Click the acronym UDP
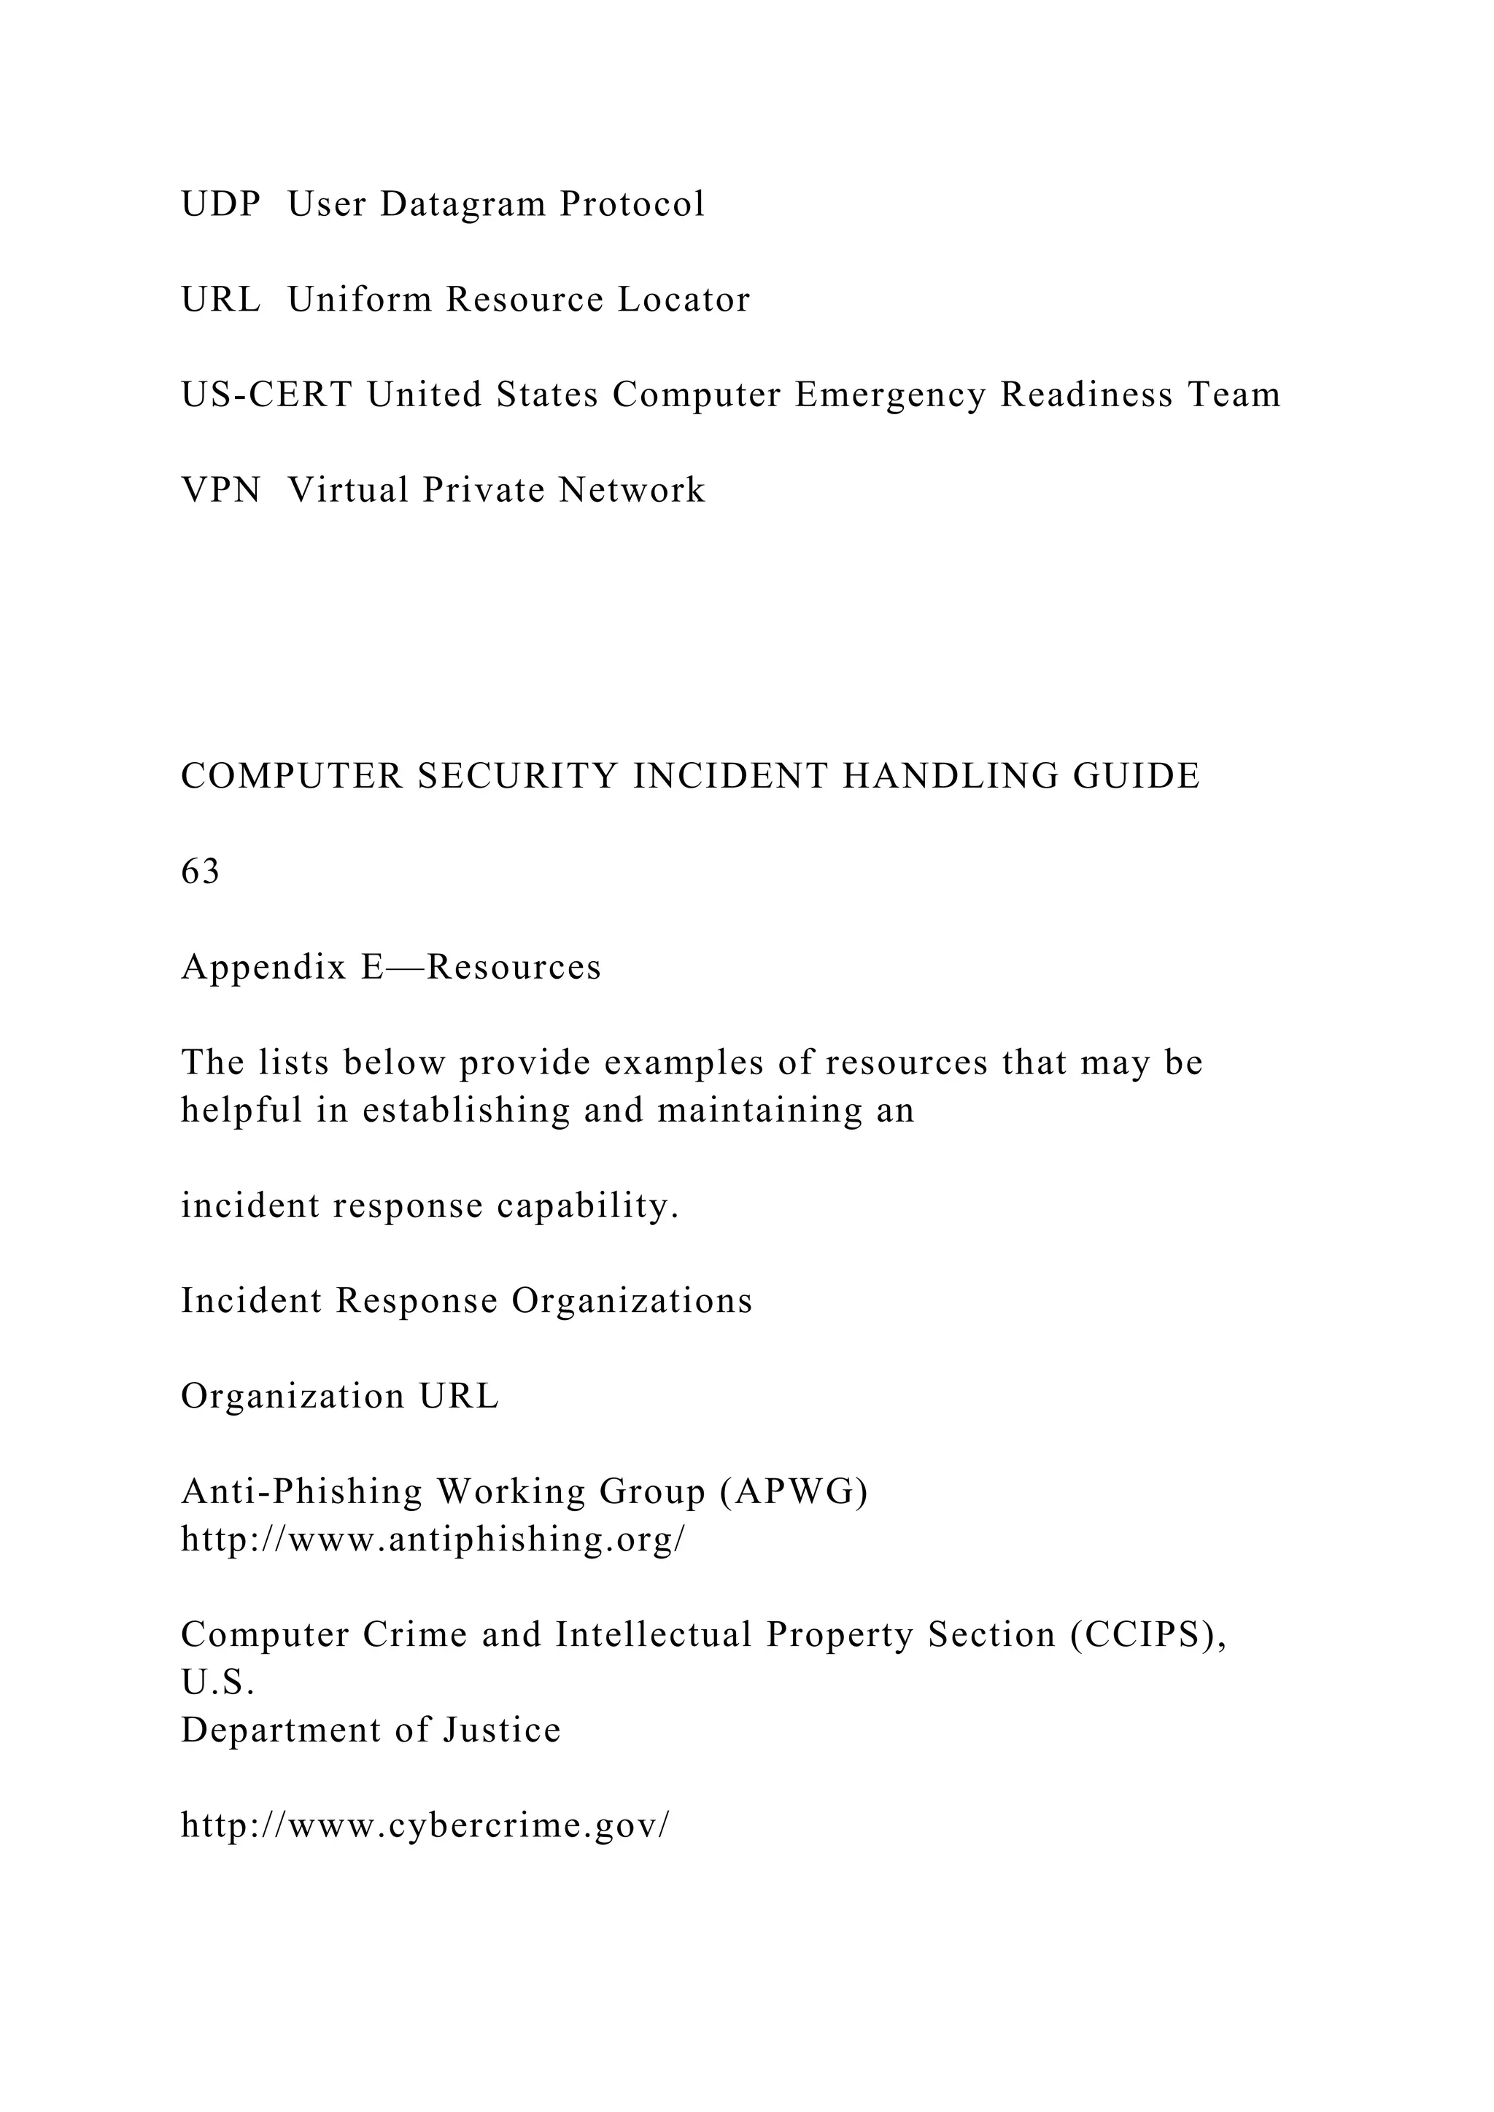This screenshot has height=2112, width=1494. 221,204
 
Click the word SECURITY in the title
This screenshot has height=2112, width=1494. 518,777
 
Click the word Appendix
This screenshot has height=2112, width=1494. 264,968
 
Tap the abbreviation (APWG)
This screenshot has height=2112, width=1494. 794,1492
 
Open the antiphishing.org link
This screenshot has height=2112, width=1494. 433,1540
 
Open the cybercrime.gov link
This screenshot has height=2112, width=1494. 426,1826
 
